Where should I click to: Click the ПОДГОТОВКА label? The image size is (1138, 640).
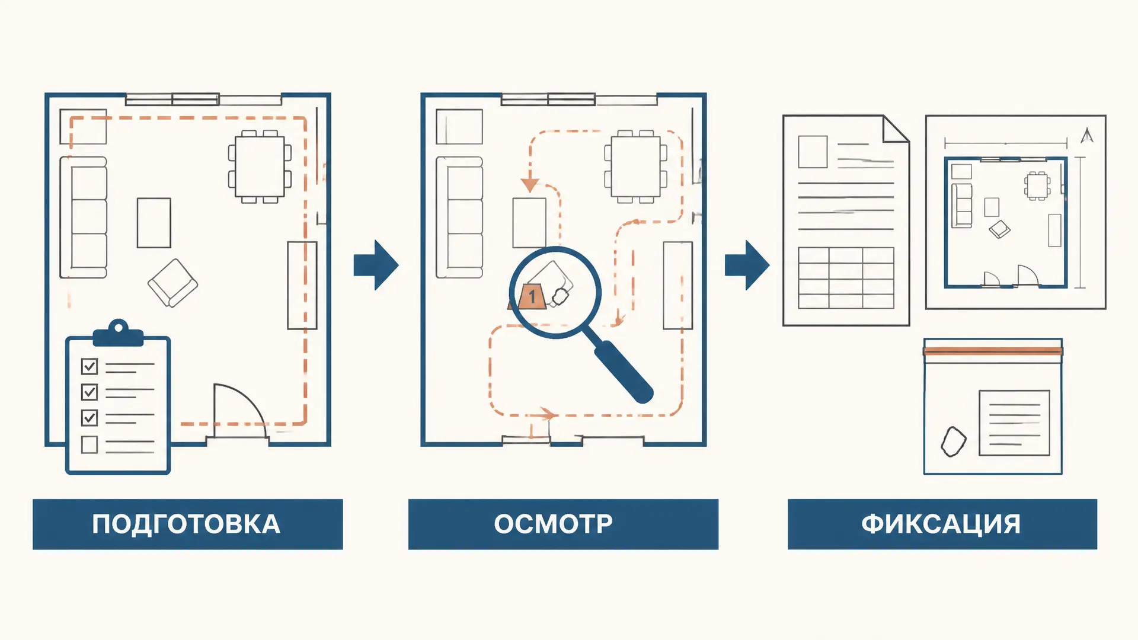186,524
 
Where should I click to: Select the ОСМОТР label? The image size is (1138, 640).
553,524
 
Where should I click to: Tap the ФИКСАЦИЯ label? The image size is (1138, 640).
941,524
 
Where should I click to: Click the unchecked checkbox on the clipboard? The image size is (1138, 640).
89,444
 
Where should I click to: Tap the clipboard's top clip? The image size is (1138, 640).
119,334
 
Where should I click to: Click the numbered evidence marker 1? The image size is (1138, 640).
531,296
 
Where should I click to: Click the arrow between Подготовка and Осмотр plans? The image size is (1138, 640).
376,265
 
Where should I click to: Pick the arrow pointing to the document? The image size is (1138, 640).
747,265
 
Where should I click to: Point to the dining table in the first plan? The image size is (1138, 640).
260,167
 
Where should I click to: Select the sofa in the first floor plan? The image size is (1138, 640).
84,217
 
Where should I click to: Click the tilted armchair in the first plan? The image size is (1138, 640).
172,283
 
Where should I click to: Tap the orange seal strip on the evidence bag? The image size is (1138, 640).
993,351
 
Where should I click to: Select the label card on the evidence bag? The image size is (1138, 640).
1014,423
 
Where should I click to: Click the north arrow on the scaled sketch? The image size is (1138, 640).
1086,135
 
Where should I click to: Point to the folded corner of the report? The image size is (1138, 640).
896,129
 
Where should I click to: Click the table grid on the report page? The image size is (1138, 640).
846,278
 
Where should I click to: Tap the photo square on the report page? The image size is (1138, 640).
813,152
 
